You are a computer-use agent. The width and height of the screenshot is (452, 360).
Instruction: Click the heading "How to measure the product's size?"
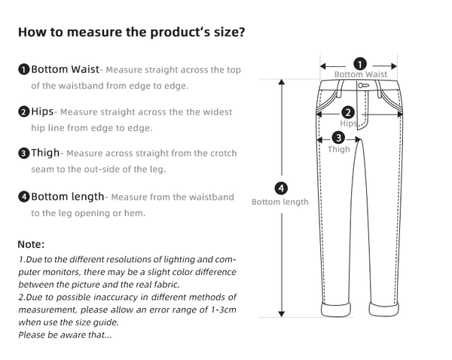(130, 32)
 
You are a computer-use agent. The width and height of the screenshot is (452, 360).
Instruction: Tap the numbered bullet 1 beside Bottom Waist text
(24, 70)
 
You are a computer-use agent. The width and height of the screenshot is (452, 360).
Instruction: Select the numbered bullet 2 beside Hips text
(24, 112)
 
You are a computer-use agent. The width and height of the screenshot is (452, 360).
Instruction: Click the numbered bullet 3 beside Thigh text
(24, 154)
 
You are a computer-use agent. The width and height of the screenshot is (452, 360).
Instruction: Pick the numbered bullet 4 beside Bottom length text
(24, 197)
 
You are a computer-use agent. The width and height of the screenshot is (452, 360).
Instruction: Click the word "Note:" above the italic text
(32, 244)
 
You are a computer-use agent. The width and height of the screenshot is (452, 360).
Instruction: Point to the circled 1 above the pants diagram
(360, 64)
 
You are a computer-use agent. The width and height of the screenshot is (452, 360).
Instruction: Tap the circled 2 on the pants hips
(348, 112)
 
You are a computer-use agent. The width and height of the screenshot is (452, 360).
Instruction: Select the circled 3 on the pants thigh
(338, 137)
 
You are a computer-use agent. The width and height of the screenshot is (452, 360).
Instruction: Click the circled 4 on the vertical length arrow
(281, 188)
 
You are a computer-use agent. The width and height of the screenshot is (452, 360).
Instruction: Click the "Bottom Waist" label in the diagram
(361, 75)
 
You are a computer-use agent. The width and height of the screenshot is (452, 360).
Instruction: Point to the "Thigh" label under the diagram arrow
(338, 149)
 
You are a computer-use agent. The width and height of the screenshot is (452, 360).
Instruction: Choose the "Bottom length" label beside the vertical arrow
(280, 202)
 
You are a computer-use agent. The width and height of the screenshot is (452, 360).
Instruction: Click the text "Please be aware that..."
(65, 334)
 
